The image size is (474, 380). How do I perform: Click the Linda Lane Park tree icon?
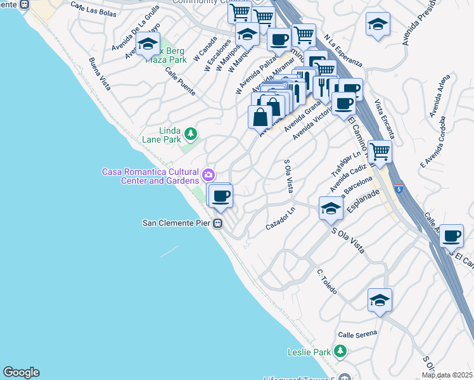point(190,134)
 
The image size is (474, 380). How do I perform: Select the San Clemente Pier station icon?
point(217,223)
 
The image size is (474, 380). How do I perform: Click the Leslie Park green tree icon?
point(340,351)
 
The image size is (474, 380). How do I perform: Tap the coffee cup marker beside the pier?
point(220,196)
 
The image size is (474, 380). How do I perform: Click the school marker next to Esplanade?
point(331,208)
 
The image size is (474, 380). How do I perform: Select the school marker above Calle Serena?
point(380,300)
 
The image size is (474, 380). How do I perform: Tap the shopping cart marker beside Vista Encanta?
point(380,152)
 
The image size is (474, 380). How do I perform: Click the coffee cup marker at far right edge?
point(451,236)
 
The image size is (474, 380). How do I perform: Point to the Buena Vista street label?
point(99,73)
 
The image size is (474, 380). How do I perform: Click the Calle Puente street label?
point(180,81)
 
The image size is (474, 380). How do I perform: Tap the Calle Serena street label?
point(357,333)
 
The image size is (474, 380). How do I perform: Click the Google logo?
point(21,372)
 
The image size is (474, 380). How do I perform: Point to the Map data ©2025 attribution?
point(447,375)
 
